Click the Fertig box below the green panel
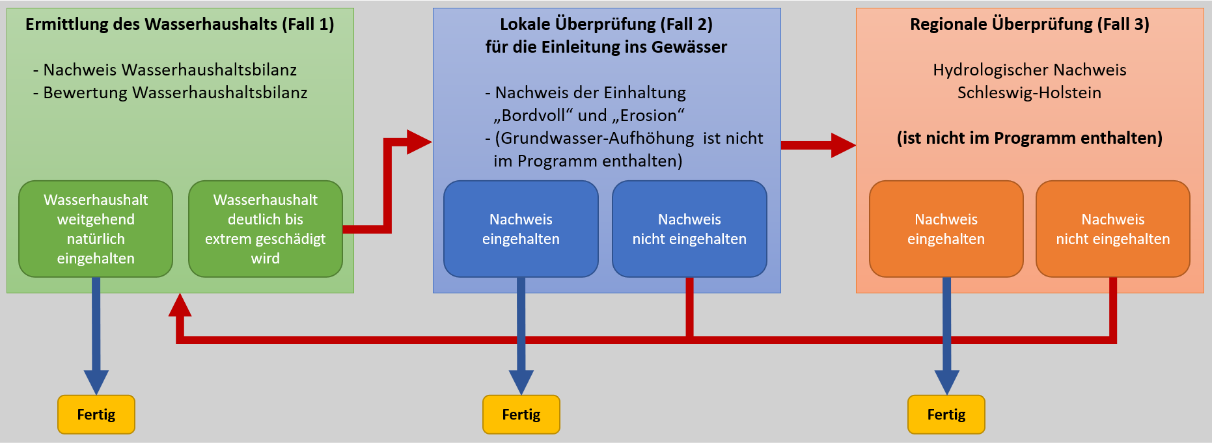(96, 414)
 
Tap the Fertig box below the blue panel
(521, 414)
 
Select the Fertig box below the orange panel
(946, 414)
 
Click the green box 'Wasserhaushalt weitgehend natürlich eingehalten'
(96, 229)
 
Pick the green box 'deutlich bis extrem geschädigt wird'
(265, 229)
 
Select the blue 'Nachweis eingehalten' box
(521, 229)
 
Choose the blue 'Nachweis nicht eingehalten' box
(689, 229)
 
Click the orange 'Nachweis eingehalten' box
(946, 229)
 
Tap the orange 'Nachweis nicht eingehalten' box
(1112, 229)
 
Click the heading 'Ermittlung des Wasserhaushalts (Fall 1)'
(180, 25)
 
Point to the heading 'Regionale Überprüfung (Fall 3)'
(1029, 25)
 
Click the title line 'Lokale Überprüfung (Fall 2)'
(606, 25)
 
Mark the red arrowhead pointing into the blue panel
(418, 142)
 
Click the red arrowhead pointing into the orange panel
(843, 145)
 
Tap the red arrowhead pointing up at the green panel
(180, 306)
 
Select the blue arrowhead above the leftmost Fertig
(96, 381)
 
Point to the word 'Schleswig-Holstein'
(1029, 92)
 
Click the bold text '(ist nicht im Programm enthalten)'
(1029, 138)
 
